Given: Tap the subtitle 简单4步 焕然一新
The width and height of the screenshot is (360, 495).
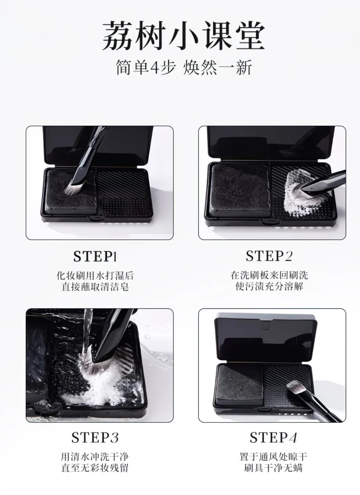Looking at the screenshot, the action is coord(184,68).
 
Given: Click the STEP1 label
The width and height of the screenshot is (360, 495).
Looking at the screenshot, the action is coord(95,256).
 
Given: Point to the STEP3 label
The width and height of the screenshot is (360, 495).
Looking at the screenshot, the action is coord(95,437).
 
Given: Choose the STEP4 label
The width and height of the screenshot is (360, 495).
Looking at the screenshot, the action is coord(273,437).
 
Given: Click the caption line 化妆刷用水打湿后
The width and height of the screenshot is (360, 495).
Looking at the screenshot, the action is coord(95,275).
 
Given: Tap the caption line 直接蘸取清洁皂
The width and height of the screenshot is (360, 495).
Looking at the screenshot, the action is coord(95,286).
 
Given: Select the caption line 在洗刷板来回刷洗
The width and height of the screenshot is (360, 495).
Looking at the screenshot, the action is coord(269,275).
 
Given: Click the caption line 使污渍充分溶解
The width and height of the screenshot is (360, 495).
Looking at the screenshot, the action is coord(269,286).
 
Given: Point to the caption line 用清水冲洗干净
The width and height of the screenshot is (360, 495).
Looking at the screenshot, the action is coord(95,457).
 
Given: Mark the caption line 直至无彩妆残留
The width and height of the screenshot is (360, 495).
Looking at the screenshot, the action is coord(95,468).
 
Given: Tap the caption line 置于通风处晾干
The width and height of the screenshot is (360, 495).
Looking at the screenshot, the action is coord(273,457).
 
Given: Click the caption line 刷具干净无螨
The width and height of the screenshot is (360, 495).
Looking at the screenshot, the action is coord(273,468).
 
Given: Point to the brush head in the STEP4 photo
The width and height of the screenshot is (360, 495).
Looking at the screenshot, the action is coord(295,388).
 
